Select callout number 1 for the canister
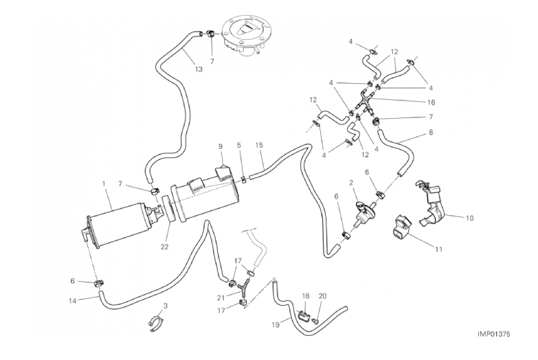pyautogui.click(x=104, y=184)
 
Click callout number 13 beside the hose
pyautogui.click(x=199, y=69)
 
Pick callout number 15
pyautogui.click(x=259, y=146)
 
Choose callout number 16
pyautogui.click(x=431, y=102)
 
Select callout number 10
pyautogui.click(x=470, y=219)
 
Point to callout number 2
pyautogui.click(x=351, y=183)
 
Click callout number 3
pyautogui.click(x=165, y=304)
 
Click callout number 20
pyautogui.click(x=322, y=297)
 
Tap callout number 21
pyautogui.click(x=221, y=297)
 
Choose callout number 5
pyautogui.click(x=239, y=146)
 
